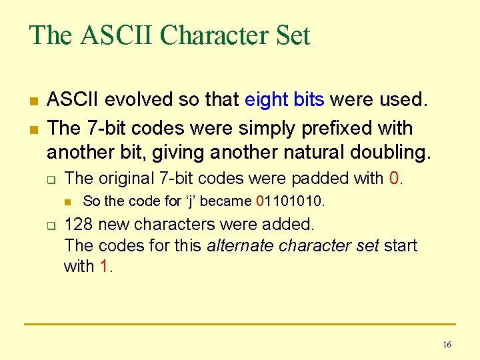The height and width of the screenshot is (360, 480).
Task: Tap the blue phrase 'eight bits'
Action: click(x=285, y=100)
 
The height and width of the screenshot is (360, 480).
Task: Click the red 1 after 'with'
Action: click(x=104, y=267)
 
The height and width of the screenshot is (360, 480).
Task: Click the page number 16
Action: click(x=447, y=345)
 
